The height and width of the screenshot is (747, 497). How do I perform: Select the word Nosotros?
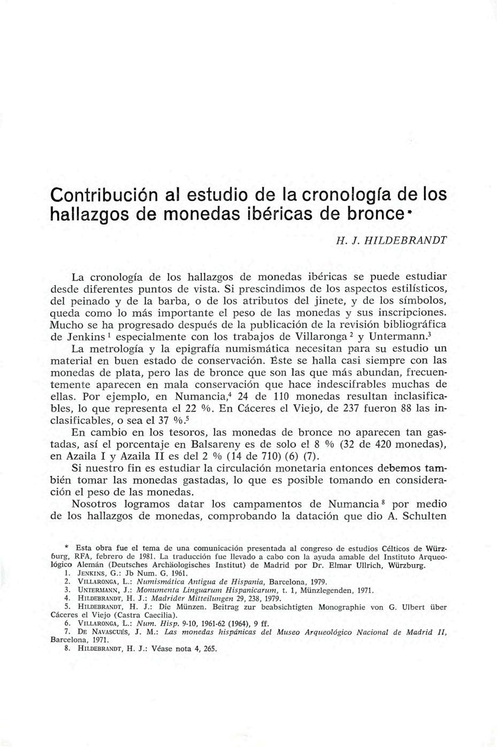coord(94,505)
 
